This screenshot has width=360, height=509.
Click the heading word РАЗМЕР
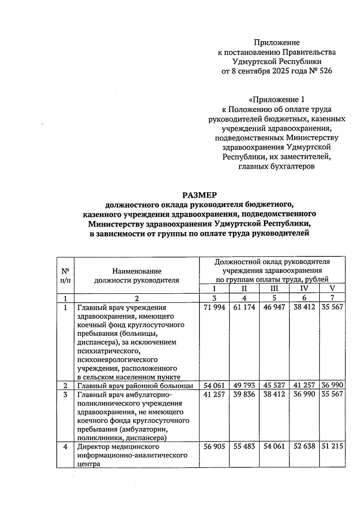pos(199,195)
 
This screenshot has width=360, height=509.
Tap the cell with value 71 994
pos(214,307)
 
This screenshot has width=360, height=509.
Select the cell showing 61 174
pos(244,307)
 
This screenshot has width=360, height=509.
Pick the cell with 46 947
pos(274,307)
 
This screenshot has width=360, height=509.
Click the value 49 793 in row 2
pos(244,385)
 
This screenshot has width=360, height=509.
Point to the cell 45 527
pos(274,385)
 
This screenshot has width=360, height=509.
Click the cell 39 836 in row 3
pos(244,394)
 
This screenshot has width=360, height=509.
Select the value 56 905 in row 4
pos(214,446)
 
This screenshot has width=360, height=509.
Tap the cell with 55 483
pos(244,446)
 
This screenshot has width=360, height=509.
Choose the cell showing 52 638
pos(304,446)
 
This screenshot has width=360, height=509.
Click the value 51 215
pos(332,446)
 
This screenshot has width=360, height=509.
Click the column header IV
pos(304,289)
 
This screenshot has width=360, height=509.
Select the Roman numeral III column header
pos(274,289)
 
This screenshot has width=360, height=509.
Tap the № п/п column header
pos(65,276)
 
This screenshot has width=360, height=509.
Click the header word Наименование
pos(137,271)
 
